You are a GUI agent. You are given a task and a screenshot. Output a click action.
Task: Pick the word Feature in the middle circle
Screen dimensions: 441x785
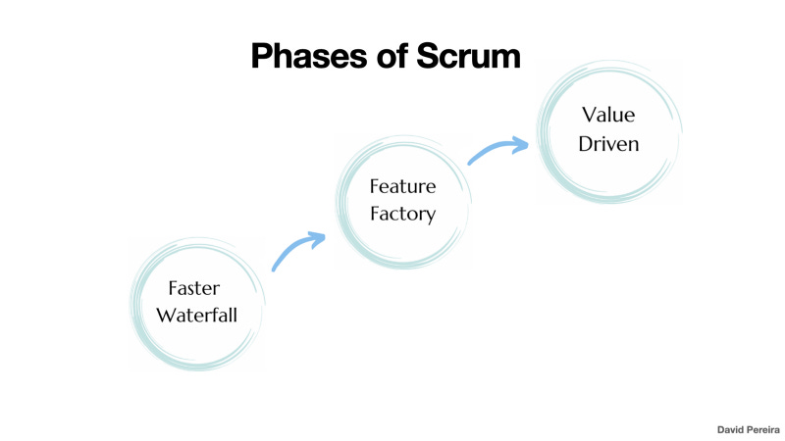[401, 186]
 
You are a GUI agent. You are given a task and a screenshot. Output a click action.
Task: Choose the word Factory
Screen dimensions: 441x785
[401, 213]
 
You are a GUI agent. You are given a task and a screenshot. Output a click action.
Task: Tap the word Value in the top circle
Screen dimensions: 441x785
[608, 116]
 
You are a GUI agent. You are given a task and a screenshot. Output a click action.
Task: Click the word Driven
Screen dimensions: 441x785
[608, 143]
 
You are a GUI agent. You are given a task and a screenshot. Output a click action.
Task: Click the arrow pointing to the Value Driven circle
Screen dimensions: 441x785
[497, 150]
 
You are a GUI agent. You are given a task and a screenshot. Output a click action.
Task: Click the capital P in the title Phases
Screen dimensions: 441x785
[262, 56]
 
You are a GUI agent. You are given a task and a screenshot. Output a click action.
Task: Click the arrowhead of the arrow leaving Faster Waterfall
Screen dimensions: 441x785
[316, 238]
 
